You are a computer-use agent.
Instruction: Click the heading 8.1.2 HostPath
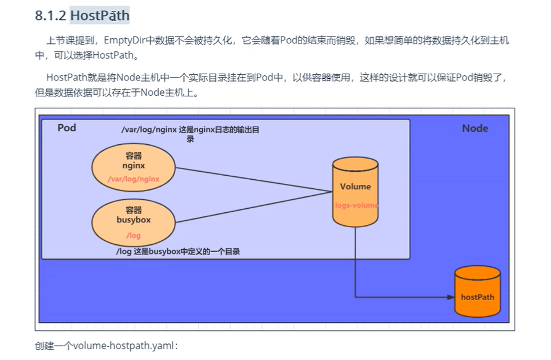tap(82, 15)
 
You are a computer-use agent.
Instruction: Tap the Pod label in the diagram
tap(67, 128)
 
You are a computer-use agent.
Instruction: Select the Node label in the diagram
tap(475, 128)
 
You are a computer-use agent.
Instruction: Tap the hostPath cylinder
tap(477, 292)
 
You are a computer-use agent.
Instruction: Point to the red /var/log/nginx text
tap(133, 179)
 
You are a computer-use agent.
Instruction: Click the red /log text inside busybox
tap(133, 235)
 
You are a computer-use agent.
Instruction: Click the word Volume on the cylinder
tap(355, 187)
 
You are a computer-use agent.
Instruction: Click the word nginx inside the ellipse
tap(133, 166)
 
